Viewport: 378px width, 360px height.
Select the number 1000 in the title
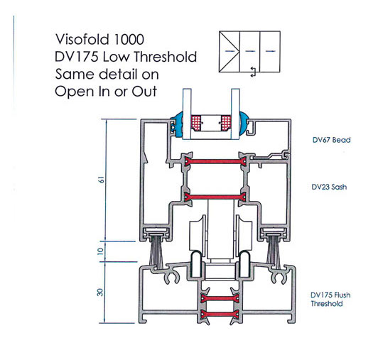click(129, 39)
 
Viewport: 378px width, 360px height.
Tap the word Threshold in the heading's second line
click(166, 57)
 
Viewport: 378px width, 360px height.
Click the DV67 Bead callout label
click(332, 140)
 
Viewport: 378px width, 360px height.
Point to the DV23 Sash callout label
click(329, 187)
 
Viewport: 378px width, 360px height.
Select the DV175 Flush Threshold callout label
click(330, 299)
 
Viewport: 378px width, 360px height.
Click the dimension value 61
click(101, 180)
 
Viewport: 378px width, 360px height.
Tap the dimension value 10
click(100, 251)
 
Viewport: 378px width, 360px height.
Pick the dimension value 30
click(99, 293)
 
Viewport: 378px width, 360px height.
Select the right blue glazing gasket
click(244, 124)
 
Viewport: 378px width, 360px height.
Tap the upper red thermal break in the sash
click(215, 161)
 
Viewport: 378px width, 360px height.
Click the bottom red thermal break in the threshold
click(220, 315)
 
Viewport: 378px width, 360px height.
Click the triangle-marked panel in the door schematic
click(229, 52)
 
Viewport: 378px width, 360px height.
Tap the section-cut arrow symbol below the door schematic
click(253, 72)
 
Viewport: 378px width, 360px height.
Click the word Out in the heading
click(144, 92)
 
